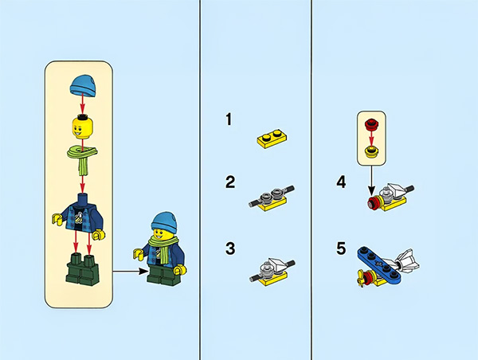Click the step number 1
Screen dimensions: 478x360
tap(229, 119)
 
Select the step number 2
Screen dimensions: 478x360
tap(230, 182)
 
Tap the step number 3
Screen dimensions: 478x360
tap(230, 248)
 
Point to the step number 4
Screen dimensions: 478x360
tap(341, 182)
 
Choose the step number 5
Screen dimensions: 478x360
tap(341, 248)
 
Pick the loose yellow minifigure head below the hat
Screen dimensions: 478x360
tap(83, 127)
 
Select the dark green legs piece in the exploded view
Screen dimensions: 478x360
tap(82, 268)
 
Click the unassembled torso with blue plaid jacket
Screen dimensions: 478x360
tap(79, 216)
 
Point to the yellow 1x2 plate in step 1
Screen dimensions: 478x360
tap(272, 139)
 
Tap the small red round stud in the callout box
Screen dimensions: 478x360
tap(371, 123)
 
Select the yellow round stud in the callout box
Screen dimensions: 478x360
tap(371, 151)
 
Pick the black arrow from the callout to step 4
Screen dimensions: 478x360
tap(371, 181)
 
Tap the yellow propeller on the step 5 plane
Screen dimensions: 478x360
tap(361, 278)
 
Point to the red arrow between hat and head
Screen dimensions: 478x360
tap(82, 104)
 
